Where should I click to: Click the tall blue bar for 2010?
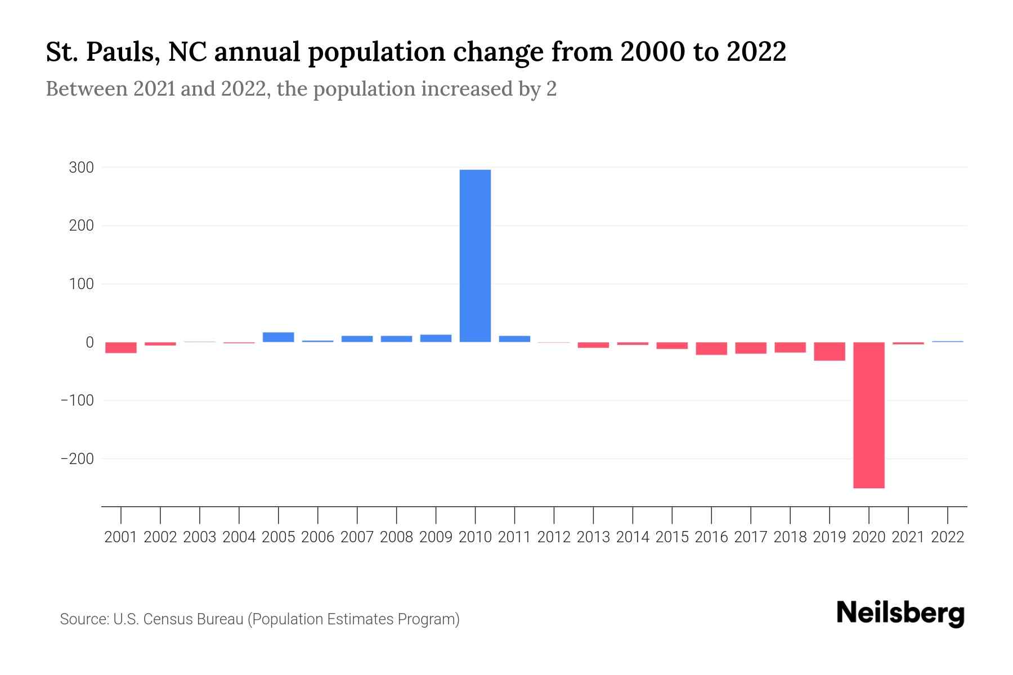pos(475,256)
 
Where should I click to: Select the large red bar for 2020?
pos(868,415)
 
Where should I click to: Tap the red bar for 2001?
pos(121,348)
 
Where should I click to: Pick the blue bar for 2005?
pos(278,337)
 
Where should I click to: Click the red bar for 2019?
pos(829,351)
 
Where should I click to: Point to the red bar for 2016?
pos(711,348)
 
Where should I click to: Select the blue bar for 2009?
pos(436,338)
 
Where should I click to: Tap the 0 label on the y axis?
pos(89,343)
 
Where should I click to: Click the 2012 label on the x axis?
pos(554,537)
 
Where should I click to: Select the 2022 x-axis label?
pos(948,537)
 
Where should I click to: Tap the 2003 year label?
pos(200,537)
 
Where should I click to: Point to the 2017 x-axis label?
pos(751,537)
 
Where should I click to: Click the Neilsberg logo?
pos(900,614)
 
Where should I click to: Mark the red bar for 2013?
pos(593,345)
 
